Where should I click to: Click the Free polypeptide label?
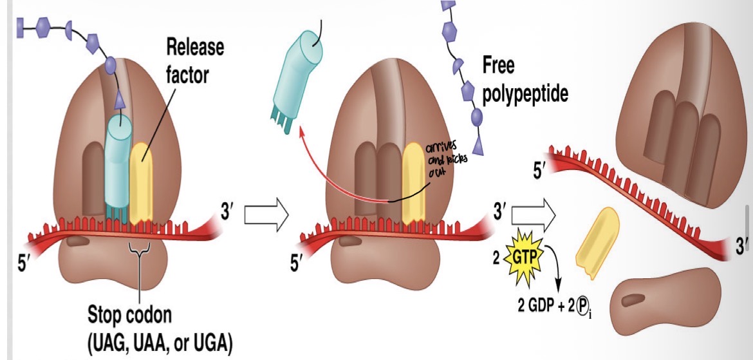525,80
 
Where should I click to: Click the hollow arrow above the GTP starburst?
532,216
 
